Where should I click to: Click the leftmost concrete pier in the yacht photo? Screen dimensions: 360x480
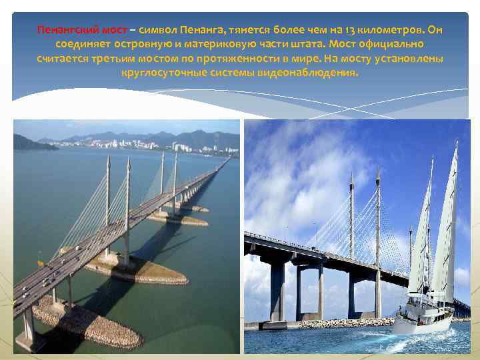point(277,291)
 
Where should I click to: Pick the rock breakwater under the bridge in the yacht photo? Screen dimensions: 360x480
point(347,323)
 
